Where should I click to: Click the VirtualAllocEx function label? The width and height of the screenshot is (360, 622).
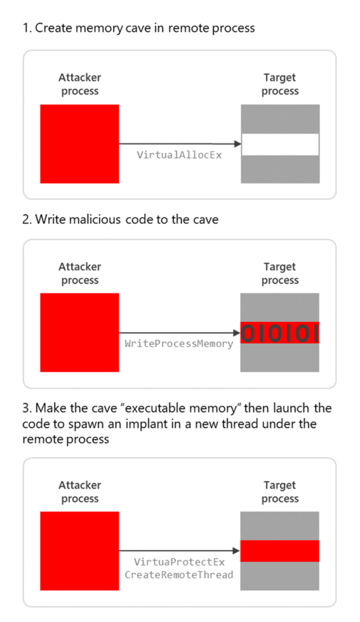179,155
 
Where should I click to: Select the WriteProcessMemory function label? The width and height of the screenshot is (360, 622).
179,344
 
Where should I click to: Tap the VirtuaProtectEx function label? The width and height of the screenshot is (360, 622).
179,562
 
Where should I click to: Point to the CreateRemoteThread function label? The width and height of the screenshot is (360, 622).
179,574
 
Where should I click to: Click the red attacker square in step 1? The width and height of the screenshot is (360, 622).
80,144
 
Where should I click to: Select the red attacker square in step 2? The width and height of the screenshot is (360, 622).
80,332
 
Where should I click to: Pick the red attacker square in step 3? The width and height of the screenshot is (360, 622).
80,550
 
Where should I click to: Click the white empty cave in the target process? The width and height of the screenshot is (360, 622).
280,144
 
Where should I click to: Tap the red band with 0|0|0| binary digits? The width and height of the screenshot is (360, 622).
280,333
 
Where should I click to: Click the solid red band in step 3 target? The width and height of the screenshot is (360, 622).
280,551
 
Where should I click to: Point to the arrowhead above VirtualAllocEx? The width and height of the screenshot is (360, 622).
237,144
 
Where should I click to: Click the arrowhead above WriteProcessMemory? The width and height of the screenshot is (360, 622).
237,333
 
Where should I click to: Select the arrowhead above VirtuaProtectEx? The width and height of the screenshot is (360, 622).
237,551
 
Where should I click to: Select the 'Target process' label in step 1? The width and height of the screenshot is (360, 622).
280,84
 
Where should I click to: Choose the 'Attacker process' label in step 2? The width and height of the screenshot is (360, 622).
80,273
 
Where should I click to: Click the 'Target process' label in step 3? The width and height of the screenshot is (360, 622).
280,492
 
